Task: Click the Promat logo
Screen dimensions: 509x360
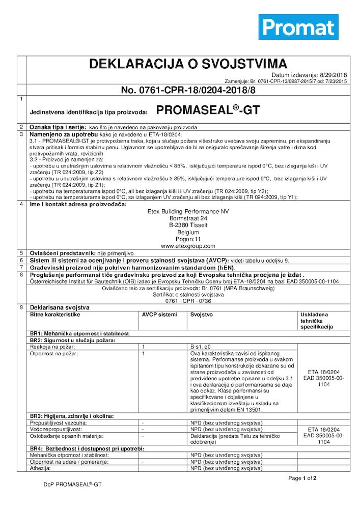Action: tap(298, 27)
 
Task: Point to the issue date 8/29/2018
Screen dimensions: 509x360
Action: tap(333, 75)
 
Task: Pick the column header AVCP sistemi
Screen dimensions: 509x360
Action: tap(160, 315)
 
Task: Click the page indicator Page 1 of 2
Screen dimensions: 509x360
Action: tap(302, 478)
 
